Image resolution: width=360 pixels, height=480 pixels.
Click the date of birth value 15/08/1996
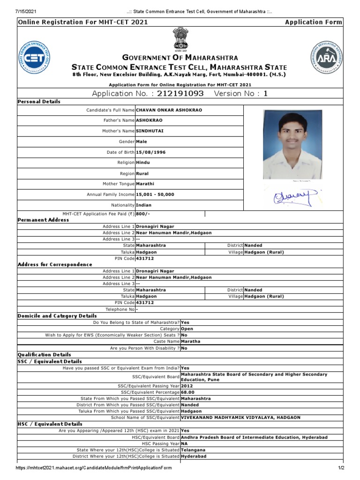(150, 152)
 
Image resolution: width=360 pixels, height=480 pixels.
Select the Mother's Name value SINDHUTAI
(150, 131)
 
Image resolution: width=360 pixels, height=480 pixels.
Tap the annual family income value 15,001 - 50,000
(155, 194)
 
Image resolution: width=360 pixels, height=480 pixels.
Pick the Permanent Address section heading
(43, 220)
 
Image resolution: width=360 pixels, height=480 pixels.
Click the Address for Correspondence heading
(55, 264)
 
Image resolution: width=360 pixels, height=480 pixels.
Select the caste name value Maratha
(190, 342)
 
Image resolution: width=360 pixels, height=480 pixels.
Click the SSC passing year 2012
(187, 386)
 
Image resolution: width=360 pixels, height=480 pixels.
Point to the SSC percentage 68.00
(187, 392)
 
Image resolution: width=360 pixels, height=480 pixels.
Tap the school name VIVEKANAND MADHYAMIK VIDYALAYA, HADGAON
(241, 417)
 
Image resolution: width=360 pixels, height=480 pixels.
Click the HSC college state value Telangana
(193, 450)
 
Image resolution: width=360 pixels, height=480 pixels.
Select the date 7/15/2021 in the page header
(25, 11)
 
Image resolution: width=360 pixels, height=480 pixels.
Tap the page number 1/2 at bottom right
(341, 468)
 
